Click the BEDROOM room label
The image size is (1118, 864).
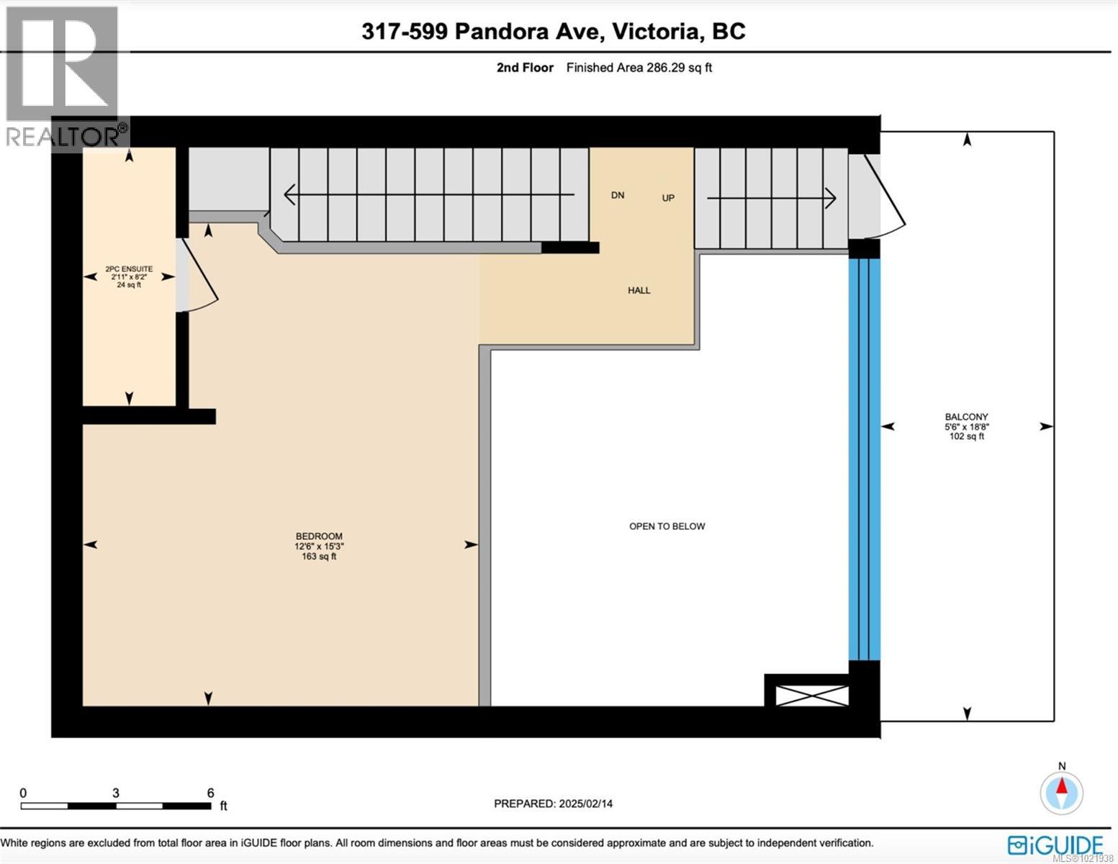pos(319,536)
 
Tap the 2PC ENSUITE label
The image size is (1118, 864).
pos(129,269)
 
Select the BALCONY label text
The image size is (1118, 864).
pos(966,417)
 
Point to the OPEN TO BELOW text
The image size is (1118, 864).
pos(667,526)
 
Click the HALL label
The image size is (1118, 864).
pos(639,290)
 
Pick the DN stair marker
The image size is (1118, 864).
pos(618,195)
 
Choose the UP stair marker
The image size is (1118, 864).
pos(668,198)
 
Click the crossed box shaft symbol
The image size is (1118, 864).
pos(811,696)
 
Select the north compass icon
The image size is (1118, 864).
pos(1061,792)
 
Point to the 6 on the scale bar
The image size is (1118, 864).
pos(210,793)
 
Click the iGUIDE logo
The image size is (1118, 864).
pos(1055,845)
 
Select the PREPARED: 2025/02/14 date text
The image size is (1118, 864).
pos(553,804)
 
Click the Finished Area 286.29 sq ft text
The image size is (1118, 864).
pos(639,68)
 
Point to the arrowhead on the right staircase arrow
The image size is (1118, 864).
pos(831,197)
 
